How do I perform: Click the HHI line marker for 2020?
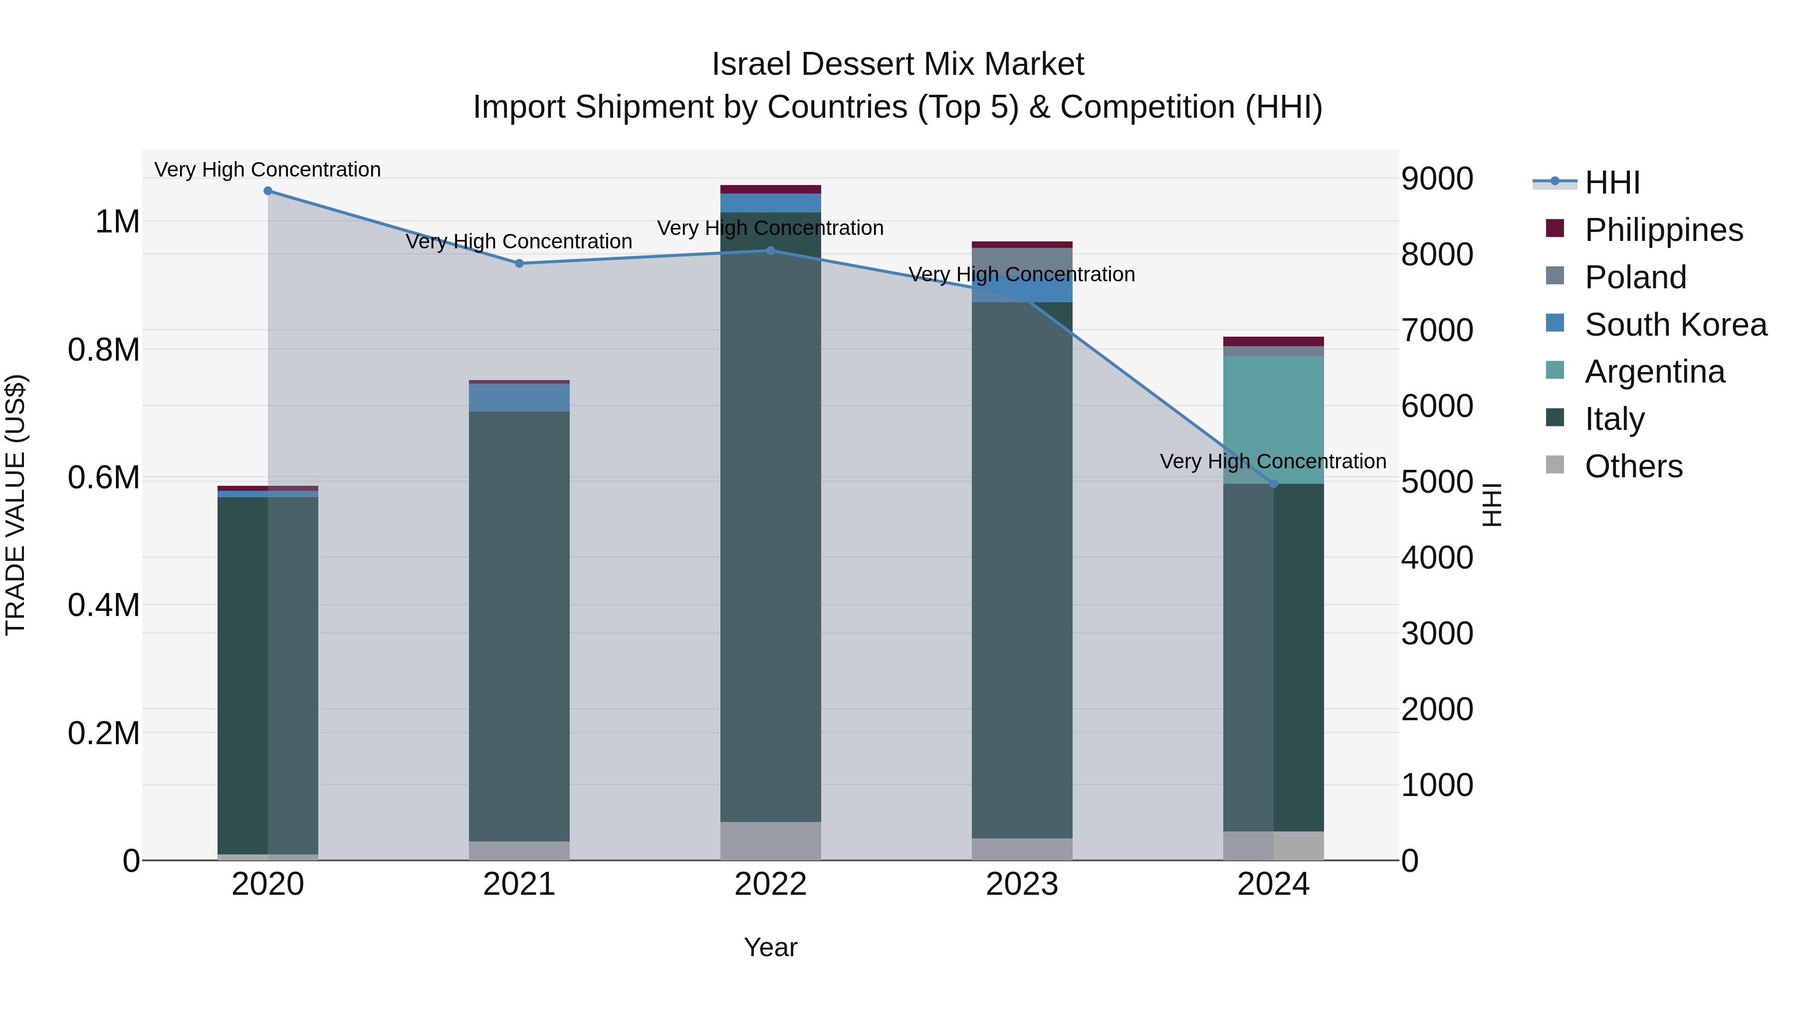click(268, 191)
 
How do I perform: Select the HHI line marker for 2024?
click(1274, 484)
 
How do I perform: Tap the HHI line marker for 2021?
click(519, 263)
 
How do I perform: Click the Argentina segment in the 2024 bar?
click(1274, 419)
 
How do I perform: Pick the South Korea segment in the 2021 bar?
click(519, 398)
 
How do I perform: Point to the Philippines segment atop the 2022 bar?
click(770, 190)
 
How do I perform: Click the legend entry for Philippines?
click(1663, 230)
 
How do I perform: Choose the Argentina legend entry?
click(1654, 372)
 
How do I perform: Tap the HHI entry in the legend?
click(1612, 183)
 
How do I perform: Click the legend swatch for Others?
click(1555, 465)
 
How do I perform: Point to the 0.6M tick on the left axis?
click(103, 478)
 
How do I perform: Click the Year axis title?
click(770, 947)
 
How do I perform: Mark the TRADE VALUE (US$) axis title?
click(15, 505)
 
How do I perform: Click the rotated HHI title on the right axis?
click(1491, 505)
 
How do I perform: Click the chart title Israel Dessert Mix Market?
click(898, 64)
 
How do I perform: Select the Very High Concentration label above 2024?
click(1273, 461)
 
